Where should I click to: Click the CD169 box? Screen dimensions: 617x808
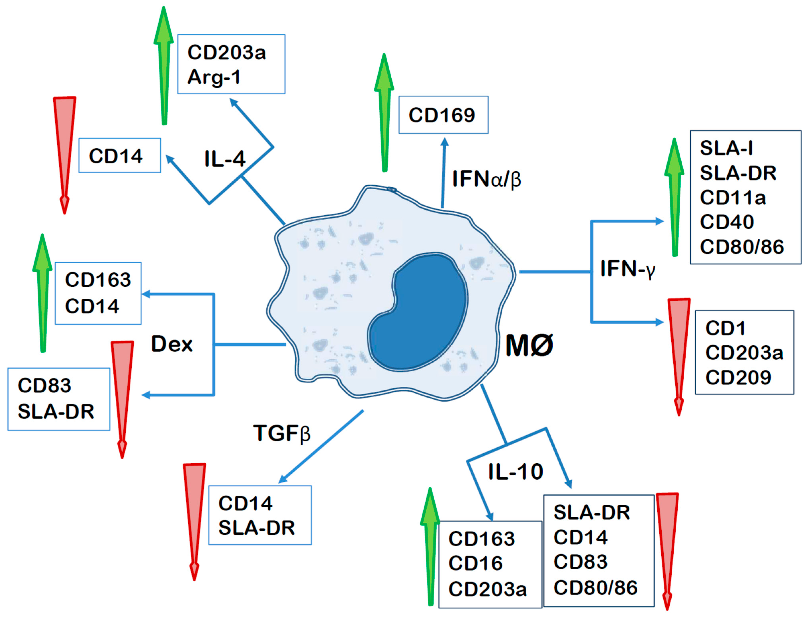(443, 115)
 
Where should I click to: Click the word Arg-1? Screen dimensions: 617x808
(214, 77)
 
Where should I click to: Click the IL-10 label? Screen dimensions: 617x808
(515, 472)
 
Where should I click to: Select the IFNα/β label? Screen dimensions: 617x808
(487, 179)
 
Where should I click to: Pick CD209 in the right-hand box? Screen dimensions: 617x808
(738, 377)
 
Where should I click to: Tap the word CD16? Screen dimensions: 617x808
(475, 563)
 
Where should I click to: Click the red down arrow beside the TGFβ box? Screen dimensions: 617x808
(194, 514)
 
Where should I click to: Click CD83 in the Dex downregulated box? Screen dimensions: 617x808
(44, 385)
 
